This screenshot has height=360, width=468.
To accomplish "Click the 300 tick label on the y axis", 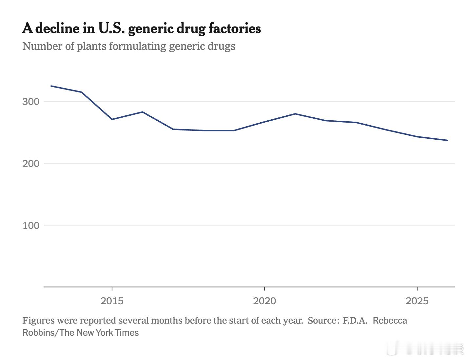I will (x=31, y=102).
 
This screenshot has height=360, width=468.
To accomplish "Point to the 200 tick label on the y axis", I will (x=31, y=164).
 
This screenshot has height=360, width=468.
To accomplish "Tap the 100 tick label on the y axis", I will (x=31, y=226).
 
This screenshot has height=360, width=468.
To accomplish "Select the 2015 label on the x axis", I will (x=112, y=301).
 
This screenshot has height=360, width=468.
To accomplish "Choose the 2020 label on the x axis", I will (x=264, y=301).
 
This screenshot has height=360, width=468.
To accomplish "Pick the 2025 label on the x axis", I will (x=417, y=301).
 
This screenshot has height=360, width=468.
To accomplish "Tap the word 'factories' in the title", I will (x=235, y=29).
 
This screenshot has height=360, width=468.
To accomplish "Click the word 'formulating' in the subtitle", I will (x=138, y=46).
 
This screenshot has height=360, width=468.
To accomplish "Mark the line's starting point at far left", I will (x=51, y=86).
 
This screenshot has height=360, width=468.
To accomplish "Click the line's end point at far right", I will (x=448, y=140).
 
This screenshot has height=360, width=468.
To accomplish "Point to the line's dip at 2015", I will (x=112, y=119).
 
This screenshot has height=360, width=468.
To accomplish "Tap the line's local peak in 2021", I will (x=295, y=114).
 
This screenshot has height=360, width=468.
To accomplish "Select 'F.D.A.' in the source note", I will (x=355, y=320).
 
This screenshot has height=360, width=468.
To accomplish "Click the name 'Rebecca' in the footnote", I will (x=390, y=320).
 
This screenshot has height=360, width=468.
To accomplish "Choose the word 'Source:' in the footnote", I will (x=323, y=320).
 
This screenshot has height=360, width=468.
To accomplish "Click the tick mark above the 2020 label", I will (x=264, y=289).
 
